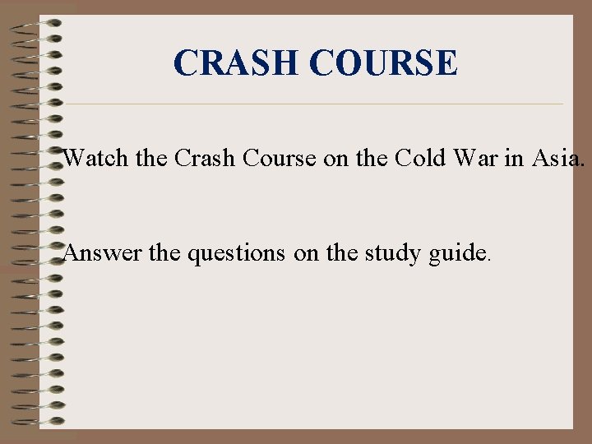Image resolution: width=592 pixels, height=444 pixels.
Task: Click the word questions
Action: click(238, 253)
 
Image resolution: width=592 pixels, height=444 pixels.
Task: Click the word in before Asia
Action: click(514, 157)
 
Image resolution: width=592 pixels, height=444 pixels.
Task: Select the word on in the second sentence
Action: click(306, 253)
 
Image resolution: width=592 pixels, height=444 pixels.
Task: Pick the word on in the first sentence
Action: click(335, 157)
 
